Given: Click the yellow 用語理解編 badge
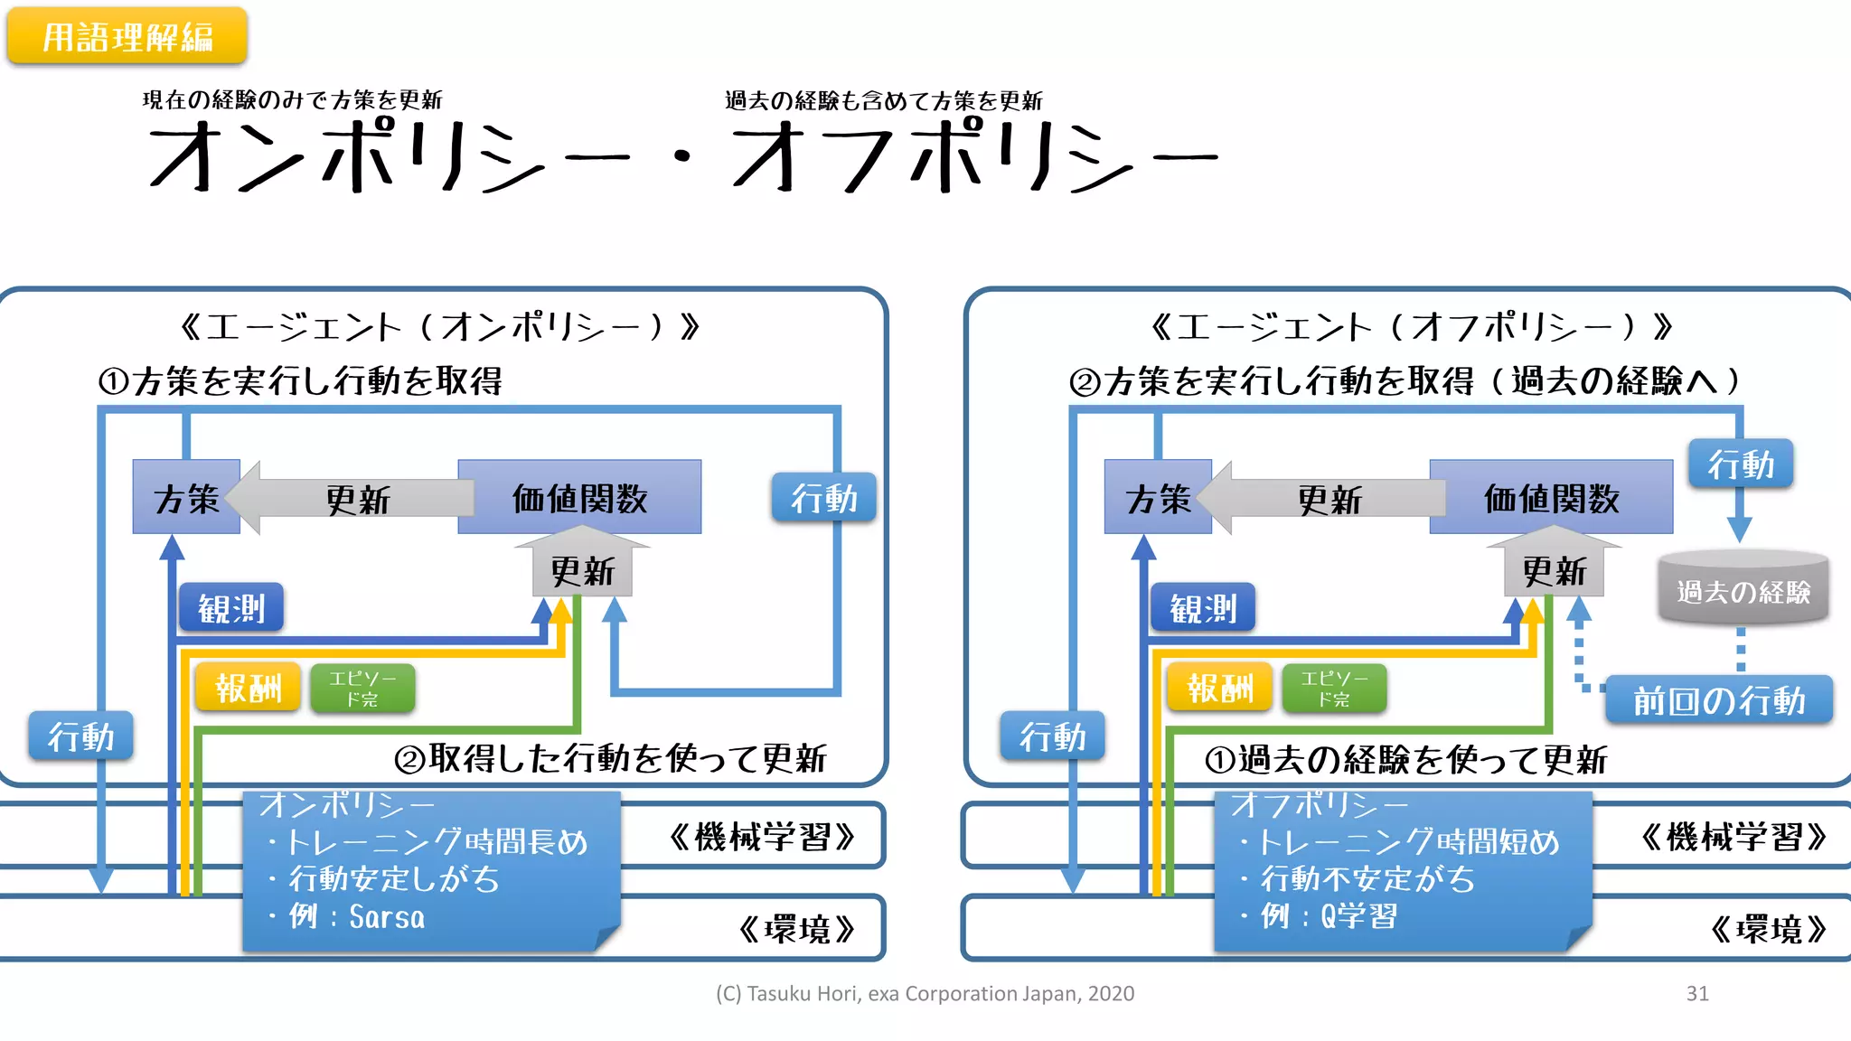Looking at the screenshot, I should pyautogui.click(x=127, y=36).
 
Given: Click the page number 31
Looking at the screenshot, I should pyautogui.click(x=1696, y=993).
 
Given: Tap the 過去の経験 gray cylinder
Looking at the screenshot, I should pyautogui.click(x=1743, y=591).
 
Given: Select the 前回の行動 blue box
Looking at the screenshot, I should pyautogui.click(x=1718, y=700).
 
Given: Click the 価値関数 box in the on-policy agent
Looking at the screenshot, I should pyautogui.click(x=579, y=497).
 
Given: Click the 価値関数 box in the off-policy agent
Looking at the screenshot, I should pyautogui.click(x=1551, y=497).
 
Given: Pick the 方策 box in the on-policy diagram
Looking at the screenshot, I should pyautogui.click(x=186, y=498).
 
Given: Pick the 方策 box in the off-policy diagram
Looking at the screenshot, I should pyautogui.click(x=1157, y=498).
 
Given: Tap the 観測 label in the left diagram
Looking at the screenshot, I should pyautogui.click(x=231, y=608).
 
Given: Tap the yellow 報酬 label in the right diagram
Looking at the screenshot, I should pyautogui.click(x=1218, y=689).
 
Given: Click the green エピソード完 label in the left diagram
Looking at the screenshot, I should pyautogui.click(x=362, y=689).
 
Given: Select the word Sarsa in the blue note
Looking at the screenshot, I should pyautogui.click(x=387, y=917).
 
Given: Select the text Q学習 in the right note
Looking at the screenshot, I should pyautogui.click(x=1358, y=916).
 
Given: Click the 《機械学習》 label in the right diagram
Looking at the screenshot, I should pyautogui.click(x=1734, y=837).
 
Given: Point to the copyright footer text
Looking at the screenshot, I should pyautogui.click(x=925, y=993).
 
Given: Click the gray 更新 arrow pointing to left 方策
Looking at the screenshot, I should pyautogui.click(x=357, y=498).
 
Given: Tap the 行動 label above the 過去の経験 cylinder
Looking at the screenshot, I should pyautogui.click(x=1740, y=464).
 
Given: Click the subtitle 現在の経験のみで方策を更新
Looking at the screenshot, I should pyautogui.click(x=292, y=99).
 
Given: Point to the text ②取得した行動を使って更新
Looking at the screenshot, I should pyautogui.click(x=610, y=758).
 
